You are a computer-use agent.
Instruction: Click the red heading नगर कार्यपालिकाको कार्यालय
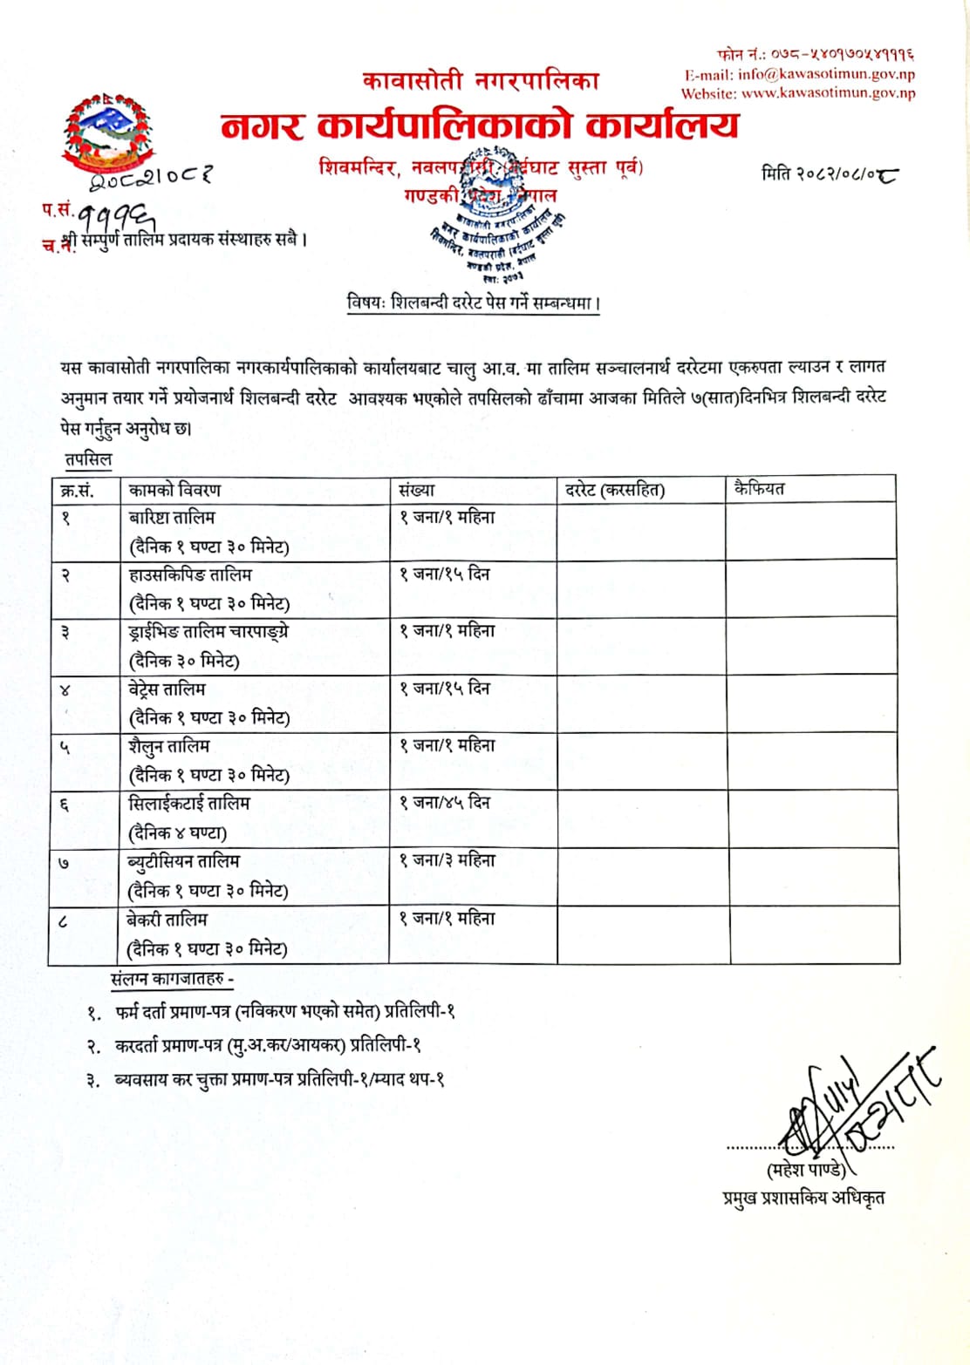(479, 126)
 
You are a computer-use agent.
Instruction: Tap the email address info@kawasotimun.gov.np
(825, 75)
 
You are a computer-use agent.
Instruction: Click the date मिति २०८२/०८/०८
(830, 173)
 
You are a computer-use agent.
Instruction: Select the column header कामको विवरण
(174, 490)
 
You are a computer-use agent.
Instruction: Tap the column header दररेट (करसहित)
(614, 490)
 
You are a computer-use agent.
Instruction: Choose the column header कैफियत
(759, 488)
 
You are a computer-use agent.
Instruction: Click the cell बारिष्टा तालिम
(172, 517)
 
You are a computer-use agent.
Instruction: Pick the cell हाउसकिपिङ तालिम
(190, 574)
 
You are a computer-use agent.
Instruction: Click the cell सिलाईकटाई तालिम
(189, 803)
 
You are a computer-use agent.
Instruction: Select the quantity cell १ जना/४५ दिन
(445, 802)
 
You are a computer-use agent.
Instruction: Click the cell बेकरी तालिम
(168, 919)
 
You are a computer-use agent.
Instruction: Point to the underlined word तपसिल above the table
(88, 459)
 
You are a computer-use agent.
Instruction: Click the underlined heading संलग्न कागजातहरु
(172, 979)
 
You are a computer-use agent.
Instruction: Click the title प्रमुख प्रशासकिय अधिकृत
(803, 1198)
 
